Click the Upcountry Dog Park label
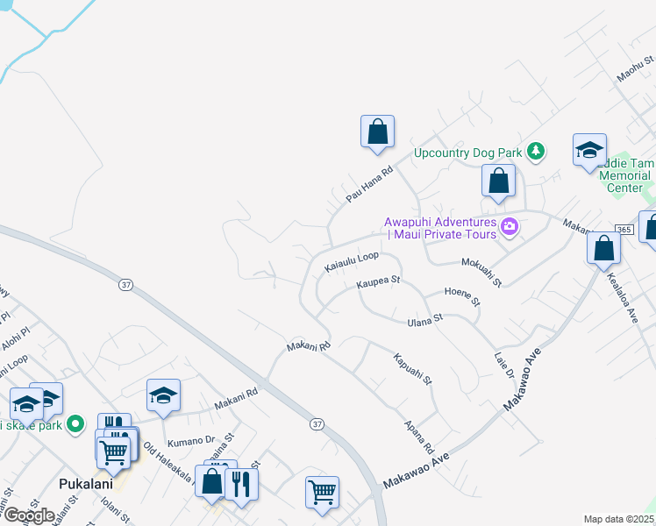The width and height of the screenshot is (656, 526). click(x=467, y=153)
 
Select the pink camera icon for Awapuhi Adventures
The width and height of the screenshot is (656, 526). click(x=510, y=229)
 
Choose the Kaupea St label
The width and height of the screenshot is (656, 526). click(x=378, y=283)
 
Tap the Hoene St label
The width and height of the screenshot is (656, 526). click(x=462, y=296)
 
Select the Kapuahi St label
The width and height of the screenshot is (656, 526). click(x=413, y=369)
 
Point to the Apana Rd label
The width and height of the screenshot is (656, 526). click(x=419, y=436)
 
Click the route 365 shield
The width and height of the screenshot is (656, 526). click(x=624, y=229)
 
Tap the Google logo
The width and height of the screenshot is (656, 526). click(x=29, y=515)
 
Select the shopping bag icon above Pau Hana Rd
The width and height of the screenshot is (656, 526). click(x=377, y=132)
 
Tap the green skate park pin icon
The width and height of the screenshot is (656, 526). click(x=75, y=425)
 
